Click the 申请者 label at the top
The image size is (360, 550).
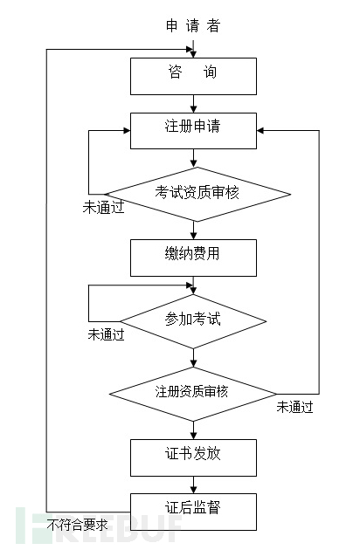(x=192, y=25)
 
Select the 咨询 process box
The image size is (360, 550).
(x=192, y=75)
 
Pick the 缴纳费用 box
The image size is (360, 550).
(x=192, y=258)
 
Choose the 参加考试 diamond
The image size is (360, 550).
(x=192, y=320)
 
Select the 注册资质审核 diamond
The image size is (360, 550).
(x=192, y=391)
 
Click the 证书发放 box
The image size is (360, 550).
(x=192, y=457)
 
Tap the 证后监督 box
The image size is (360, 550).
(x=192, y=511)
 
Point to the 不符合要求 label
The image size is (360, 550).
(x=78, y=525)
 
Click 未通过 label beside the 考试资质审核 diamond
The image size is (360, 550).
(x=101, y=208)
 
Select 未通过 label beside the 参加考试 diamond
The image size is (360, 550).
(x=107, y=334)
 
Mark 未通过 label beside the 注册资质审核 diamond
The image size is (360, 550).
(x=294, y=406)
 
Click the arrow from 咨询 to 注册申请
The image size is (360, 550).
(x=192, y=104)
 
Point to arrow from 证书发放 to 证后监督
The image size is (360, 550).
(x=192, y=484)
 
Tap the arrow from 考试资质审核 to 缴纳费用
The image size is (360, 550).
(x=192, y=230)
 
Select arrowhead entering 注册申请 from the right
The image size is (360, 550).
(x=261, y=130)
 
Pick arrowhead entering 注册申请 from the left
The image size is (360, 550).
(x=125, y=130)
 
